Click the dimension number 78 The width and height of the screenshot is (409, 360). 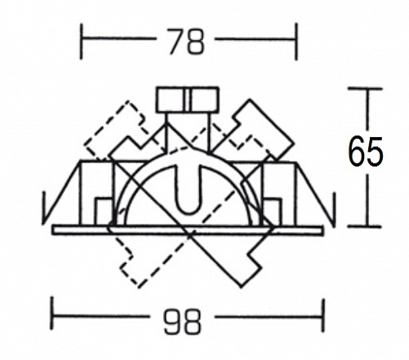pyautogui.click(x=186, y=41)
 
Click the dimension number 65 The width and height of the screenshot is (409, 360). pyautogui.click(x=365, y=152)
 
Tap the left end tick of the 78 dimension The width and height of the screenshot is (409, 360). pyautogui.click(x=81, y=42)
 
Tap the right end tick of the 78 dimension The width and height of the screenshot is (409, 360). pyautogui.click(x=296, y=42)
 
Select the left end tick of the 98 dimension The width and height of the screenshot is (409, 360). pyautogui.click(x=51, y=313)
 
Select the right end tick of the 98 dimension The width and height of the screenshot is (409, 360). pyautogui.click(x=323, y=316)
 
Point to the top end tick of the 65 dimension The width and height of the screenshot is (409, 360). pyautogui.click(x=365, y=89)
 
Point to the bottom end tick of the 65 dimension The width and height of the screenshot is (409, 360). pyautogui.click(x=365, y=226)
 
